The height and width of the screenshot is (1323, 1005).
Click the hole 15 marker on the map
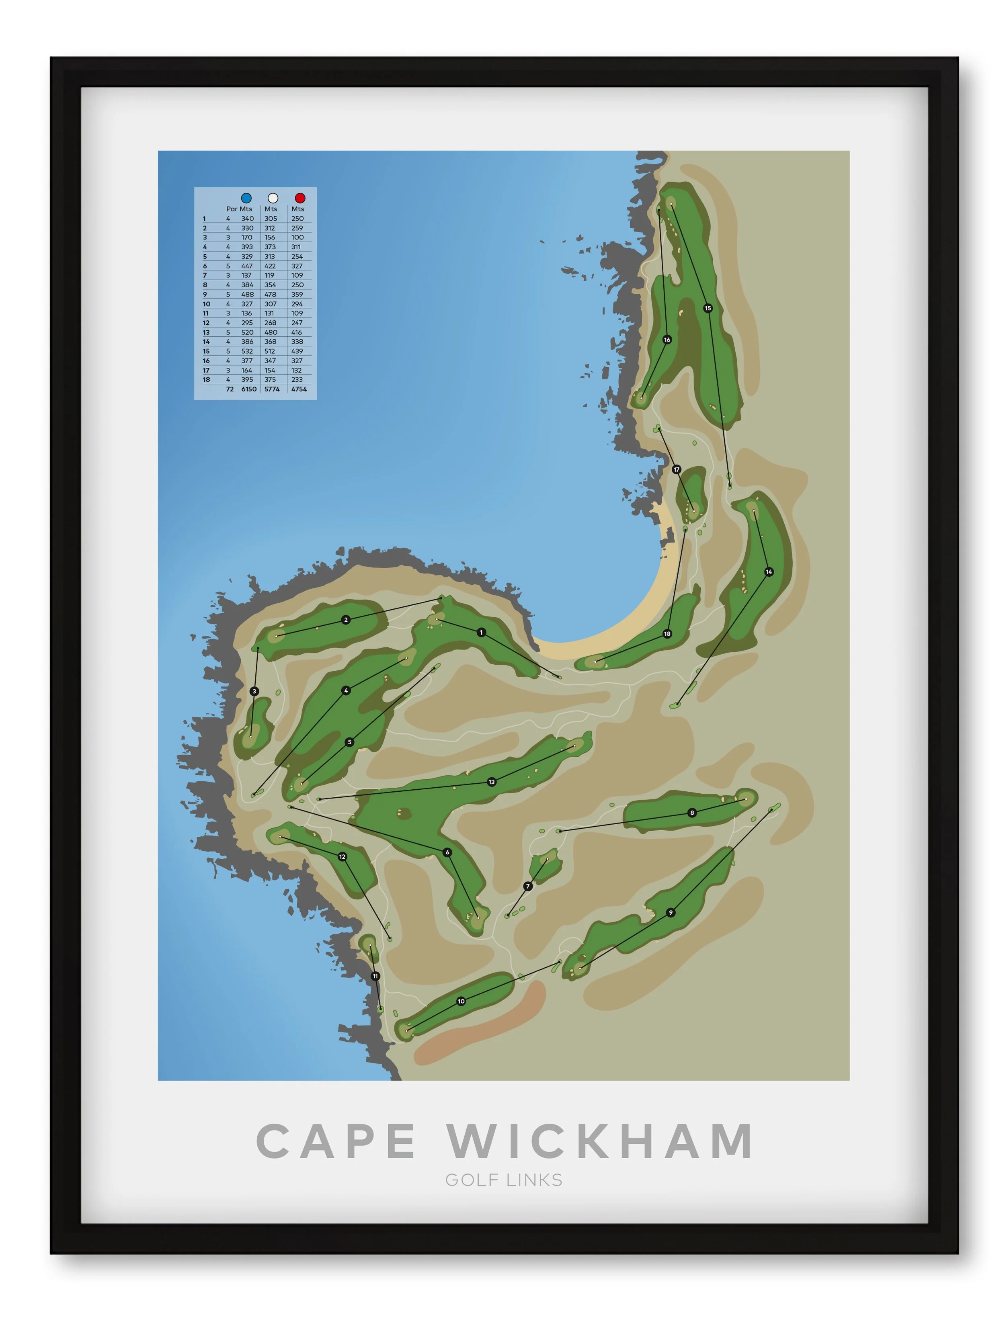pyautogui.click(x=708, y=308)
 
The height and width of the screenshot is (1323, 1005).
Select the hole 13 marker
pyautogui.click(x=492, y=782)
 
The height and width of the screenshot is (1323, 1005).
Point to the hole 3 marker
pyautogui.click(x=254, y=691)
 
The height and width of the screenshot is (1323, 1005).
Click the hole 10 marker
pyautogui.click(x=461, y=1001)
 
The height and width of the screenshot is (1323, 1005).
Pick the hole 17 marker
pyautogui.click(x=676, y=469)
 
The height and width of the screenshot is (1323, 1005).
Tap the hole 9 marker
pyautogui.click(x=671, y=913)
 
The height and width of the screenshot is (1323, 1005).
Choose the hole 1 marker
pyautogui.click(x=481, y=632)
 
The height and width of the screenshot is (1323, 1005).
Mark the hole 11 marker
pyautogui.click(x=375, y=976)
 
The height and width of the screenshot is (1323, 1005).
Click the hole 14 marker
pyautogui.click(x=769, y=572)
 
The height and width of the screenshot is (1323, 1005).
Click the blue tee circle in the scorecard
pyautogui.click(x=246, y=198)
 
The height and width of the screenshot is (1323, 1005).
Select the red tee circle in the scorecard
pyautogui.click(x=300, y=198)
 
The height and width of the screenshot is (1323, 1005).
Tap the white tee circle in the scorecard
pyautogui.click(x=273, y=198)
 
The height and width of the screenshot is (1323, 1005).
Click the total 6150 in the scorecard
pyautogui.click(x=248, y=389)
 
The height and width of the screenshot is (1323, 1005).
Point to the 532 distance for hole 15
pyautogui.click(x=247, y=351)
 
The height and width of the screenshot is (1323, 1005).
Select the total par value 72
pyautogui.click(x=230, y=389)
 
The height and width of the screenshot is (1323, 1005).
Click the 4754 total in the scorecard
pyautogui.click(x=299, y=389)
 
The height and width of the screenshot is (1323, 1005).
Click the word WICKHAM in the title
pyautogui.click(x=600, y=1141)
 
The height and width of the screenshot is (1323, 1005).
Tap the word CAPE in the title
pyautogui.click(x=336, y=1141)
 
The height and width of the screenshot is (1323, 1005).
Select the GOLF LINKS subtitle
pyautogui.click(x=504, y=1180)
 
